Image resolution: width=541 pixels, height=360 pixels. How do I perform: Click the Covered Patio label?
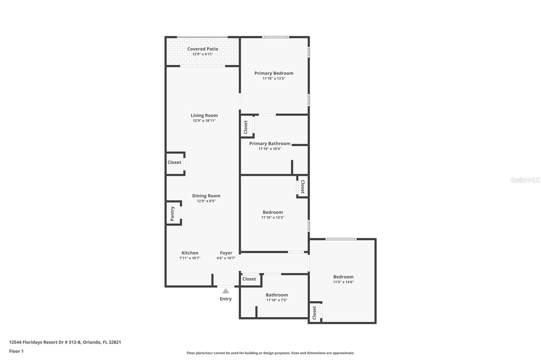click(203, 49)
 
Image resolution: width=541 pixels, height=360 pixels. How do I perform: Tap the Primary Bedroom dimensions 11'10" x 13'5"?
click(274, 78)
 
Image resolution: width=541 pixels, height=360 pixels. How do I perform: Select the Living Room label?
click(204, 115)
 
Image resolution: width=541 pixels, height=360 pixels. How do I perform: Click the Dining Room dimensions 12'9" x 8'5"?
click(206, 201)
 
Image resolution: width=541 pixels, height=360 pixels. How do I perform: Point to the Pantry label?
click(172, 213)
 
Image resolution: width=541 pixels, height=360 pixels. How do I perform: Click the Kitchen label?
click(190, 253)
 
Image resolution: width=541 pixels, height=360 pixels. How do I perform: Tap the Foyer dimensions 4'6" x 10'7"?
click(226, 258)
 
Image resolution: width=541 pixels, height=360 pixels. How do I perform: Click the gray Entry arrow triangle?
click(226, 291)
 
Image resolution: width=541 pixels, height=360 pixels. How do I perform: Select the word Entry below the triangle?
click(226, 299)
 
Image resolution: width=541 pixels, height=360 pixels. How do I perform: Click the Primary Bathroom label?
click(270, 144)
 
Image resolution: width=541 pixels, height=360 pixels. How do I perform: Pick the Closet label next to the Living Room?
click(174, 162)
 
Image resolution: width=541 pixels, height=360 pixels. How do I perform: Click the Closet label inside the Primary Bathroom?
click(246, 127)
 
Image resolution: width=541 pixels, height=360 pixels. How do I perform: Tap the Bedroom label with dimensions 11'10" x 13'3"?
click(273, 212)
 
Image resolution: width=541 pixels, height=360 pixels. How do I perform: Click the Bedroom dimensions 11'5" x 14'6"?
click(343, 282)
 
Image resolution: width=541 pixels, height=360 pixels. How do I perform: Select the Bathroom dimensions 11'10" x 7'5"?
click(277, 300)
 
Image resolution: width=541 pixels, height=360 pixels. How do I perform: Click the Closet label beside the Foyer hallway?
click(249, 279)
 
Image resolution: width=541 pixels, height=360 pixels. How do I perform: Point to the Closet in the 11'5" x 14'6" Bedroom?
click(314, 313)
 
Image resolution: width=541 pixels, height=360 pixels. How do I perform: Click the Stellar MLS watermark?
click(525, 180)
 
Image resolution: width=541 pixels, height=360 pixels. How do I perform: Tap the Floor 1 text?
click(16, 351)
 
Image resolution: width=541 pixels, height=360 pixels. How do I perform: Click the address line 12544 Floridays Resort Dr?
click(65, 342)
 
